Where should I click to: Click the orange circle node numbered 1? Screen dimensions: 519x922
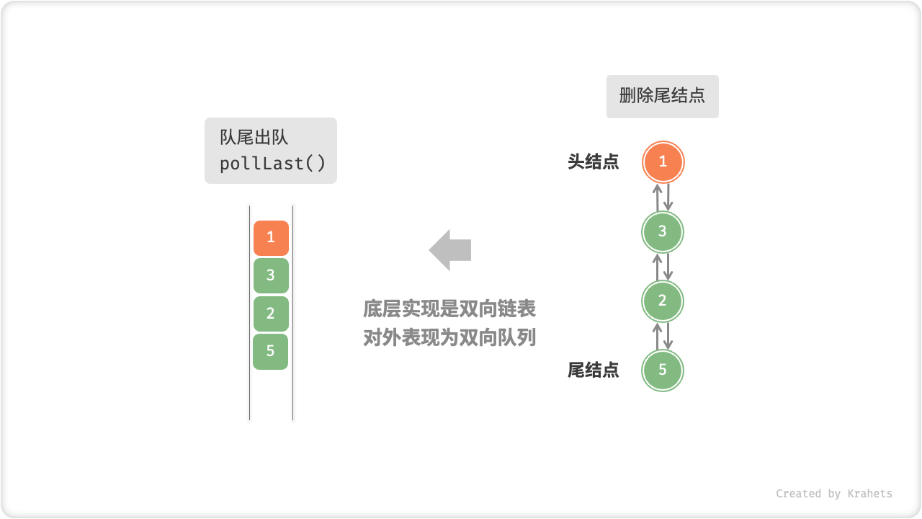click(x=663, y=162)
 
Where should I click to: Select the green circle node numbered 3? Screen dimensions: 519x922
click(x=663, y=231)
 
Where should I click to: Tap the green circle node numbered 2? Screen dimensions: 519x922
click(x=663, y=301)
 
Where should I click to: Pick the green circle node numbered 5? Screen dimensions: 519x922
click(x=663, y=371)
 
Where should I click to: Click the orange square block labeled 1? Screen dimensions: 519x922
click(x=271, y=238)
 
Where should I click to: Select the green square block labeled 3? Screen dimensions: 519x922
click(x=271, y=275)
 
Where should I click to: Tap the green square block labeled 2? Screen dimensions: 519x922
click(x=271, y=314)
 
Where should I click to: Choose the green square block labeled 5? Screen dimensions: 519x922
click(x=271, y=351)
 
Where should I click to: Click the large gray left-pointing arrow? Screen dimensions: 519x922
click(x=450, y=250)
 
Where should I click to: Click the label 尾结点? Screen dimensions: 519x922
click(x=594, y=371)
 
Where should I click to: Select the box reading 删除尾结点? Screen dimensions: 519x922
click(x=662, y=97)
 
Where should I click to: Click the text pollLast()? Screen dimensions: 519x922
click(x=272, y=164)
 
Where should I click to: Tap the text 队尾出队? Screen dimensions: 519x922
click(x=254, y=138)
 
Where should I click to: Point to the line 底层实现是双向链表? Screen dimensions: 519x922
click(x=449, y=309)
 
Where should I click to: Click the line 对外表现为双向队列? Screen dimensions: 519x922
click(x=449, y=337)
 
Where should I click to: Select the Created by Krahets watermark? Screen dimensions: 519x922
click(x=834, y=494)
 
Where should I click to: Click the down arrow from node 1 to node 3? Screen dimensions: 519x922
click(x=668, y=197)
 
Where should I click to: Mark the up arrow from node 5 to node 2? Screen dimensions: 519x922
click(x=657, y=336)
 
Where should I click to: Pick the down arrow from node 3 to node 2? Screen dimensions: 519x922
click(x=668, y=266)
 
